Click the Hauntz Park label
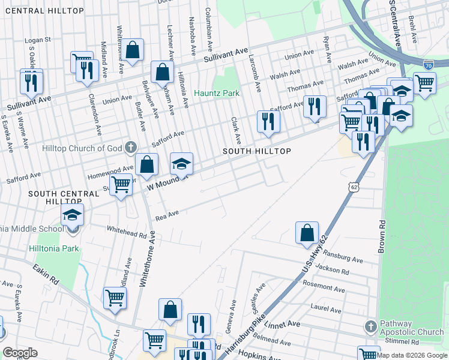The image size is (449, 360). [x=217, y=93]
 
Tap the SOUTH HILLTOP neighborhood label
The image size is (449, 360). [x=257, y=151]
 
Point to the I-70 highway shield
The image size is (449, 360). [x=427, y=63]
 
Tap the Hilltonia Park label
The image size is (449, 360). [x=53, y=247]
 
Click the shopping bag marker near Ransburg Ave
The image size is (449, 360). [x=307, y=232]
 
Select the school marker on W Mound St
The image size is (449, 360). [x=182, y=163]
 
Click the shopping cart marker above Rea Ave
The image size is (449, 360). [x=121, y=185]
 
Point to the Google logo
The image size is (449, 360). [x=20, y=353]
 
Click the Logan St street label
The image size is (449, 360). [x=38, y=40]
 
